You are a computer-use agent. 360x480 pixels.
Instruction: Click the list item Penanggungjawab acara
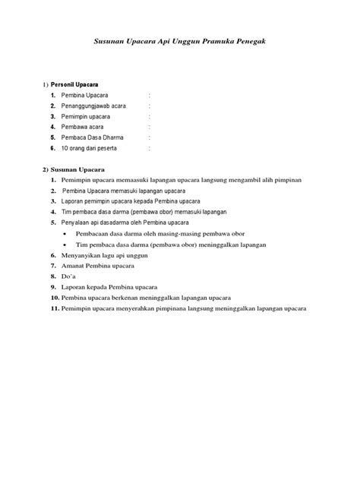pos(94,106)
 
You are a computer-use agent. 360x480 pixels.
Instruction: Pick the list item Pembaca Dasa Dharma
pos(93,137)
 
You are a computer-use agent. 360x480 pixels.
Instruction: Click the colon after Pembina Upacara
pos(150,95)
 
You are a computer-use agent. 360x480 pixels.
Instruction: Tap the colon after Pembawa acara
pos(150,127)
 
